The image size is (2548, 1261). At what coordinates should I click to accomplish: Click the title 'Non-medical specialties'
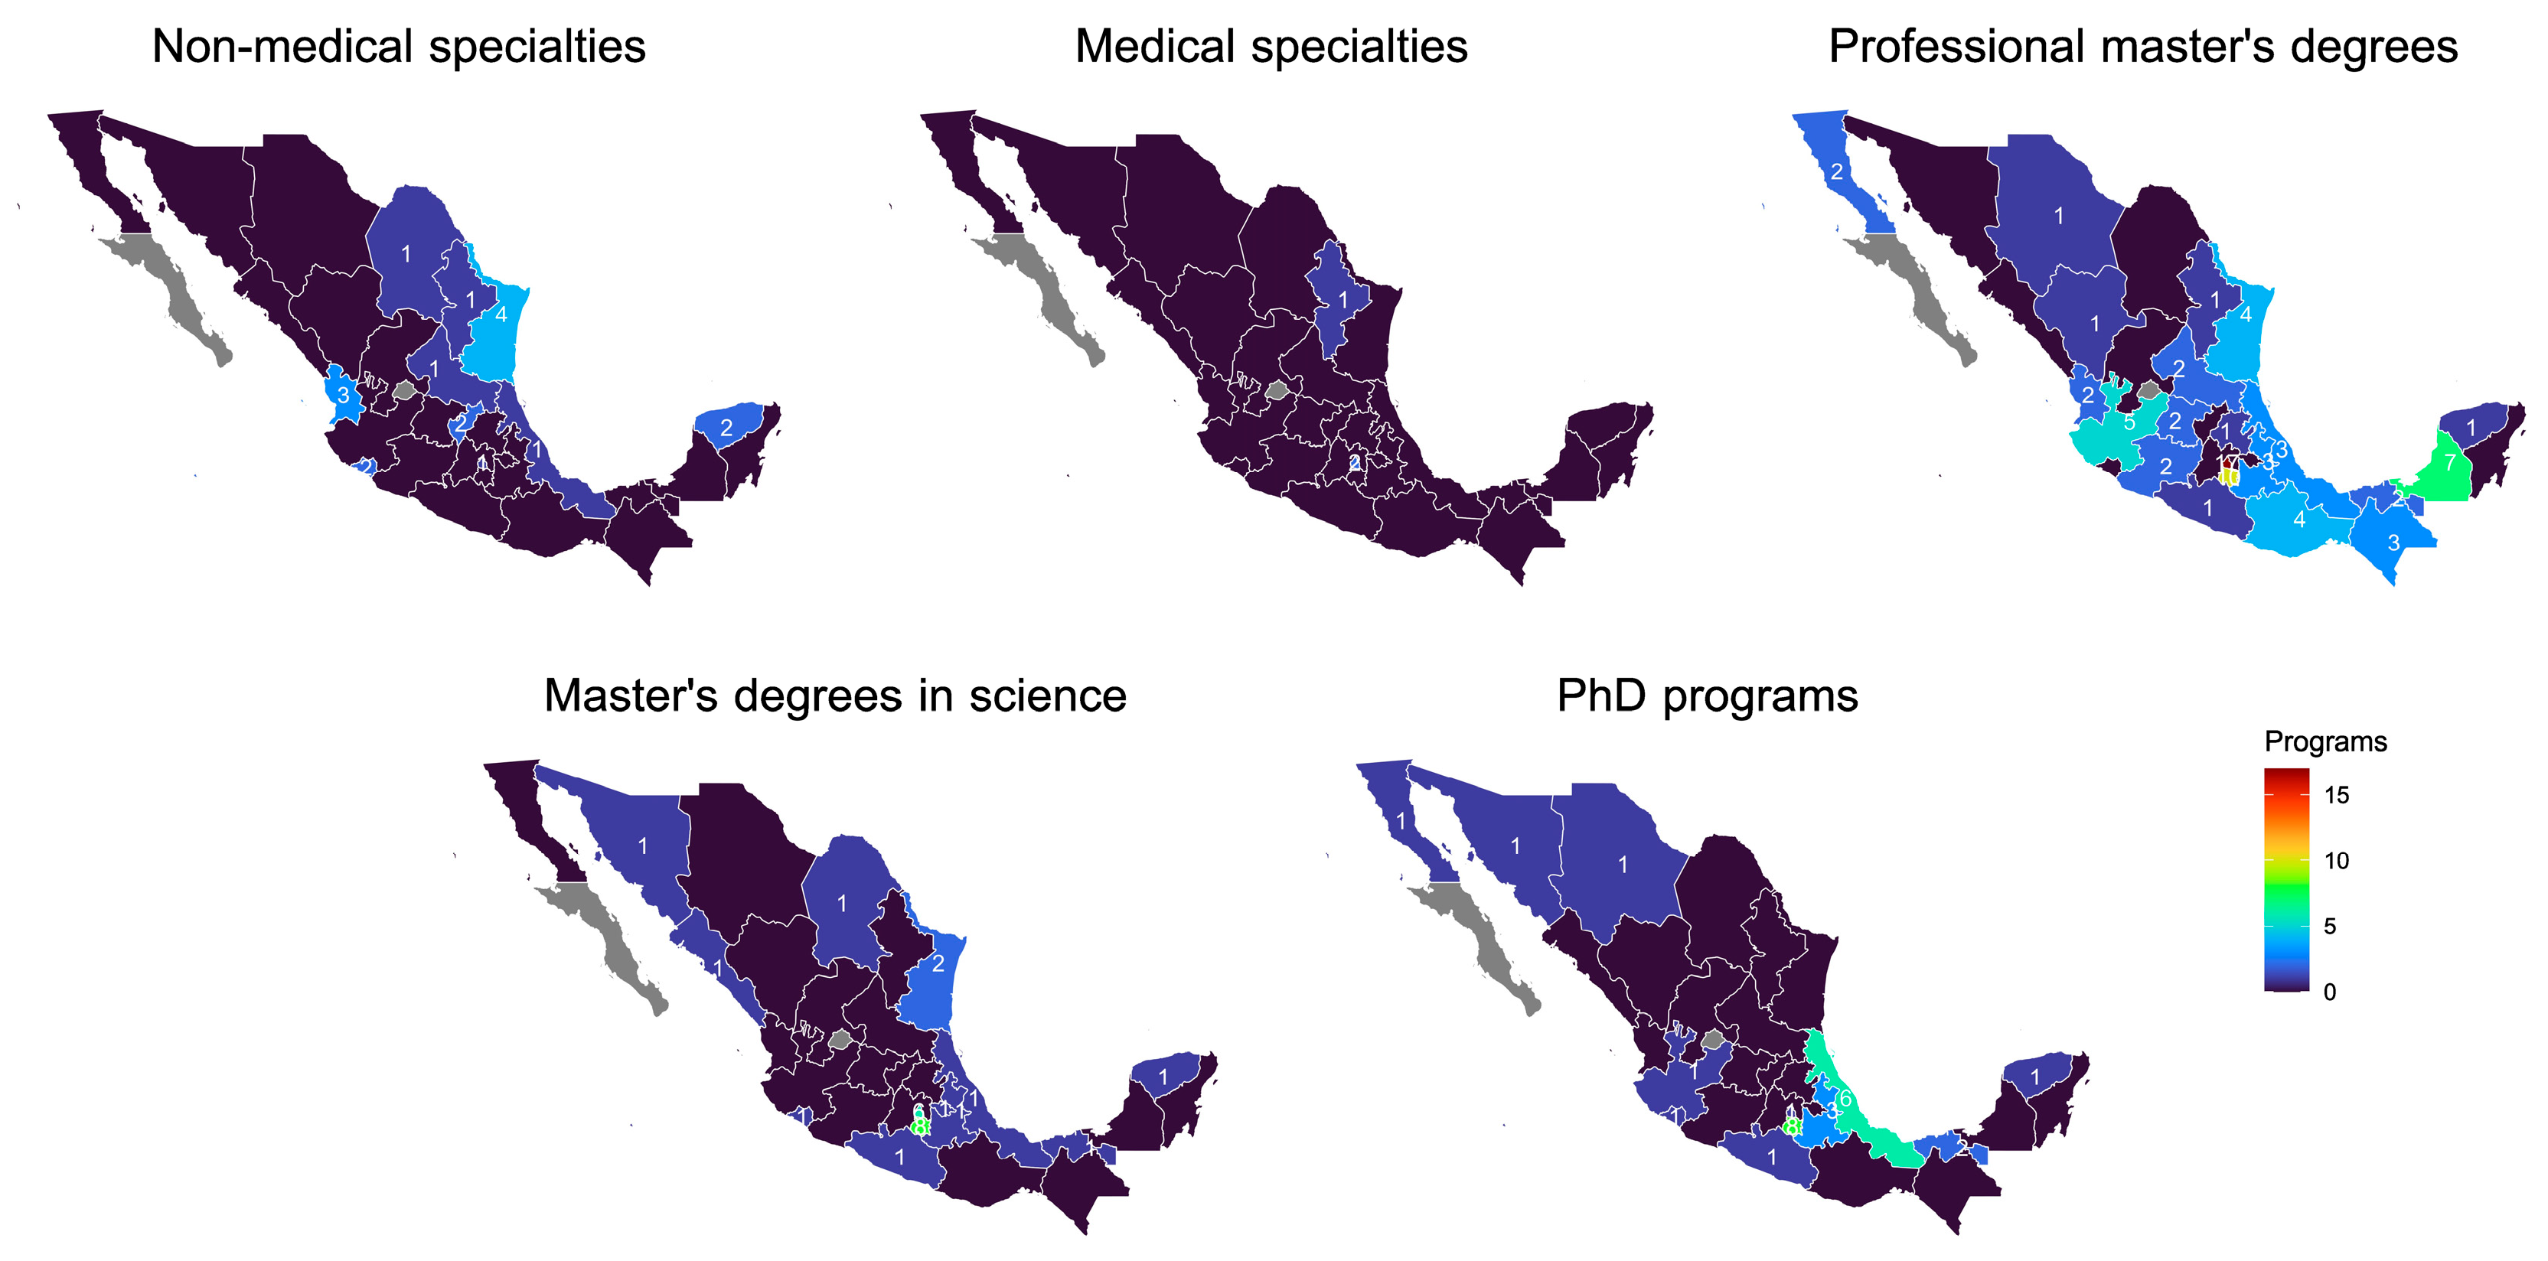(399, 47)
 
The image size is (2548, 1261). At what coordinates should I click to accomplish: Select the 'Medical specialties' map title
(1271, 47)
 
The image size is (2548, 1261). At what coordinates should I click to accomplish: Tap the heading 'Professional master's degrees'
(2142, 47)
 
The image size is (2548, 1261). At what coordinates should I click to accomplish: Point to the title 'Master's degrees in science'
(835, 696)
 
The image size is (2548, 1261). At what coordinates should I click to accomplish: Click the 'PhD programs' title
(1708, 696)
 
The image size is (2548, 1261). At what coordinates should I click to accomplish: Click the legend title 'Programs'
(2325, 741)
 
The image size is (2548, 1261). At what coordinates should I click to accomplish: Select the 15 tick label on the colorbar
(2336, 795)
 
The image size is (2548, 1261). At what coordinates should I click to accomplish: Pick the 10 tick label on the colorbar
(2336, 861)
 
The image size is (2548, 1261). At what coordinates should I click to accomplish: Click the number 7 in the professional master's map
(2450, 462)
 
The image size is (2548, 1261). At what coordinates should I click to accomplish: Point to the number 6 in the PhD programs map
(1845, 1099)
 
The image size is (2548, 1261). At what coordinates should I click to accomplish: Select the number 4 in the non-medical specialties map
(501, 314)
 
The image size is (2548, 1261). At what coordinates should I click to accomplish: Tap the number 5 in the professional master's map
(2129, 422)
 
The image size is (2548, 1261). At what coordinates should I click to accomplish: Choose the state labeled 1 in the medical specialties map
(1343, 298)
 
